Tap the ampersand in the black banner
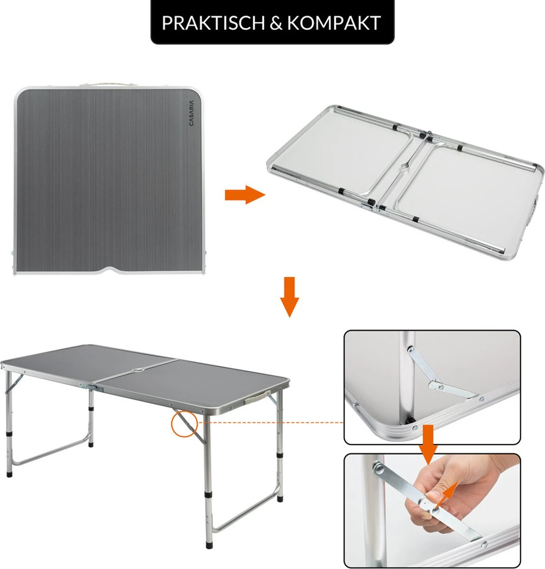(x=276, y=23)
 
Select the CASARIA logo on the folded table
(x=191, y=113)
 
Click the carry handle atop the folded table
(x=108, y=83)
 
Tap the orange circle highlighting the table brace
(x=184, y=423)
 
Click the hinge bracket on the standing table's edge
(x=92, y=387)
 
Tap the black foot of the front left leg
(x=9, y=473)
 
